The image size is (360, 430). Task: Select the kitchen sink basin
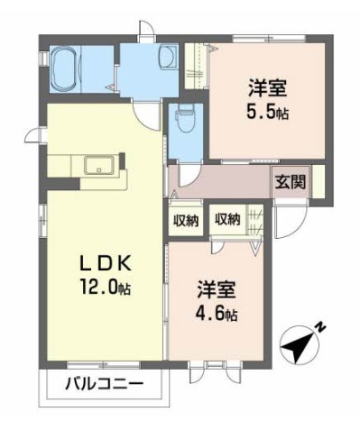[x=99, y=165]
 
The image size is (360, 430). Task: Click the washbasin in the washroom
[x=167, y=59]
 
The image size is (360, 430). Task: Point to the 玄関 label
[x=291, y=182]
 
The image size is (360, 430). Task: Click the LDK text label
[x=105, y=263]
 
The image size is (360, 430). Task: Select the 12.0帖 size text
[x=105, y=287]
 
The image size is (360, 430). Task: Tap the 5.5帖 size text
[x=267, y=112]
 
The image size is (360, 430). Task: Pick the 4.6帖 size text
[x=217, y=314]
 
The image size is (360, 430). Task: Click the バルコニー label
[x=104, y=384]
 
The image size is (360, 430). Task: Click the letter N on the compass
[x=321, y=327]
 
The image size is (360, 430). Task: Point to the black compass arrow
[x=298, y=348]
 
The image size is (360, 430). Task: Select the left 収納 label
[x=186, y=221]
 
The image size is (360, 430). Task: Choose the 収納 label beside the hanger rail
[x=227, y=219]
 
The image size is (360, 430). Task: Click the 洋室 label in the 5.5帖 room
[x=267, y=87]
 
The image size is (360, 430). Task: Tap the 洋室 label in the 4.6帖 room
[x=217, y=289]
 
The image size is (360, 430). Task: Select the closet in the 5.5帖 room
[x=196, y=66]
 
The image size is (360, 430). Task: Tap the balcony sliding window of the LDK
[x=104, y=365]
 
